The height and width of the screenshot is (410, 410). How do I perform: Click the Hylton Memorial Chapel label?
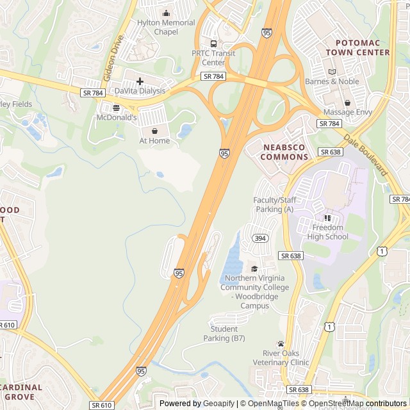(166, 27)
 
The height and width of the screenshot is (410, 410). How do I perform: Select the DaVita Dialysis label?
(140, 91)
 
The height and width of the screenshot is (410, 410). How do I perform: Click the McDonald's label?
(116, 118)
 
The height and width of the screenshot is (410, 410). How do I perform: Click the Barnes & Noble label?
(332, 81)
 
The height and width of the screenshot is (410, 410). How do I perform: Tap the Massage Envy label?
(347, 112)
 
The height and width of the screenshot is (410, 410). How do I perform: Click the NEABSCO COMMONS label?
(286, 152)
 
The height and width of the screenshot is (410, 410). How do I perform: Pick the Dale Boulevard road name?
(365, 156)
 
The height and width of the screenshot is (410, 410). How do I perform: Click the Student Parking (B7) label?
(224, 333)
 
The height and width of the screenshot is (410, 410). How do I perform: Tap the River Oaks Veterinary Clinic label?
(286, 357)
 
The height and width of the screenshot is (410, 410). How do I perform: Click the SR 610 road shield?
(102, 405)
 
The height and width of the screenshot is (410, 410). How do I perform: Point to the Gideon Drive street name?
(113, 58)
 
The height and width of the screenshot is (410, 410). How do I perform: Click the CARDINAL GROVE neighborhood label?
(20, 391)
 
